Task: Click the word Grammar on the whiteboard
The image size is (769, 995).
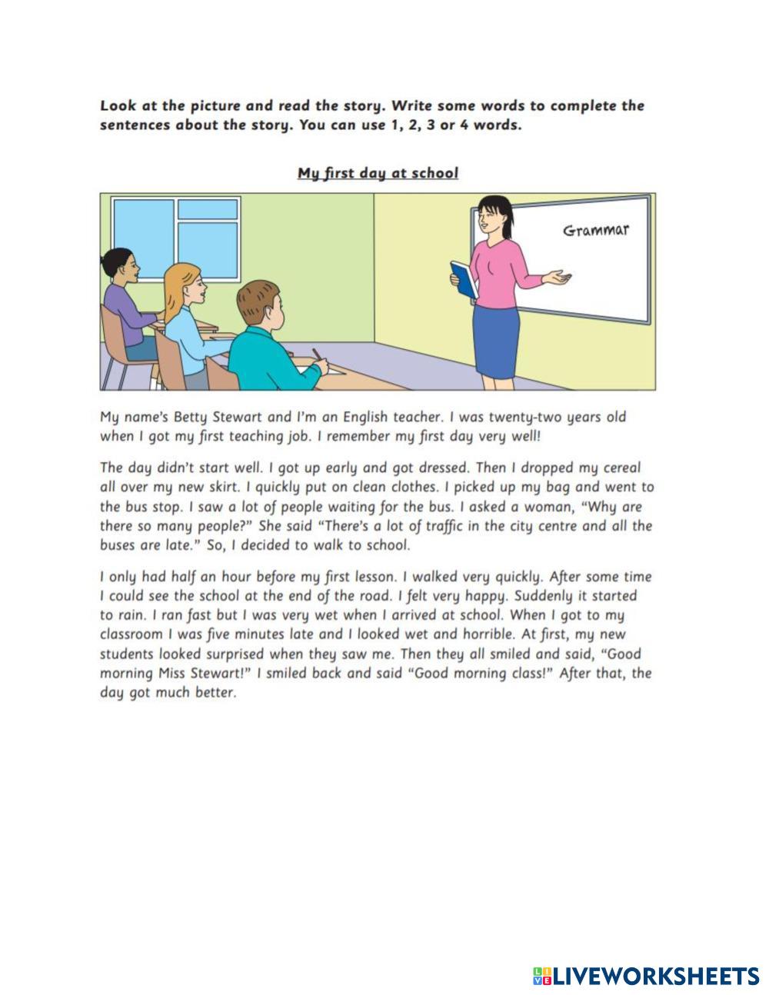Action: (596, 230)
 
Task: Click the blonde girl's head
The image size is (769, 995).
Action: (184, 284)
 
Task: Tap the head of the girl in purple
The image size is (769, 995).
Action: (119, 265)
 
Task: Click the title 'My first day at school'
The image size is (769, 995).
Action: (378, 173)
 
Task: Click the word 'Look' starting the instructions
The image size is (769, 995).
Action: (115, 106)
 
